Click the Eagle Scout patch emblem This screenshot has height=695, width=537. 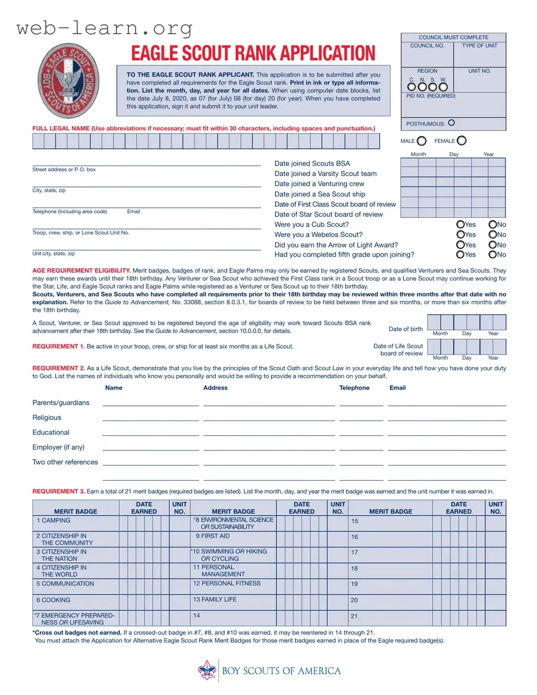68,80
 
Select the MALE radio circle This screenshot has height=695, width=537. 422,141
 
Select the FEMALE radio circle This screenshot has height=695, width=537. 462,140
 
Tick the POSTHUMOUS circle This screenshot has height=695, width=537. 452,123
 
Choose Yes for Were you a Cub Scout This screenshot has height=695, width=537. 461,225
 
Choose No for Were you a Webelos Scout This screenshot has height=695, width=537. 492,235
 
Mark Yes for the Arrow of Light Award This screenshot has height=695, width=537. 461,245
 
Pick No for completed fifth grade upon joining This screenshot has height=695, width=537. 492,255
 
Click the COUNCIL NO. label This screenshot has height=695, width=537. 427,46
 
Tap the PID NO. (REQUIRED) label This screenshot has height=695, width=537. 431,96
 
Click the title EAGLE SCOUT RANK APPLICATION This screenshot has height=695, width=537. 253,53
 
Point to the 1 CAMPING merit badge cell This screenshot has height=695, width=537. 53,521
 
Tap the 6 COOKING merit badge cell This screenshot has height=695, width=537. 53,600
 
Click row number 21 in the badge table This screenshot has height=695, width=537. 354,616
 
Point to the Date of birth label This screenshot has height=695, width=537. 406,329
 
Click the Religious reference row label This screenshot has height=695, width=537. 47,418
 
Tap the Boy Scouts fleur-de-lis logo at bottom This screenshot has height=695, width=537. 207,670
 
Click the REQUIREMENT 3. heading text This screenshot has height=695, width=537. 58,491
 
